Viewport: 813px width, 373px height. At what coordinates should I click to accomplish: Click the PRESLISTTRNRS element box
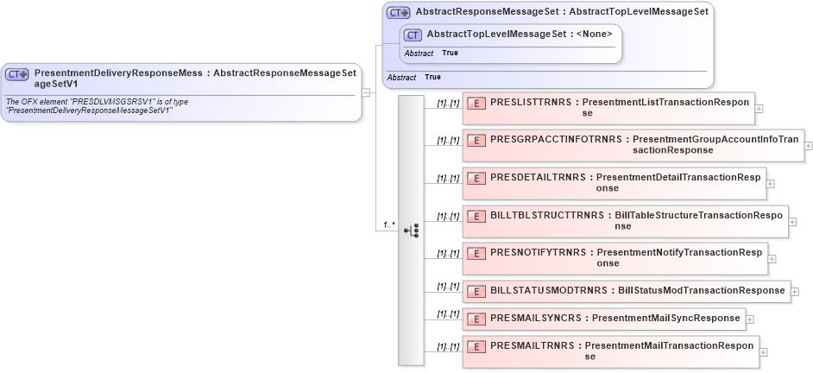608,107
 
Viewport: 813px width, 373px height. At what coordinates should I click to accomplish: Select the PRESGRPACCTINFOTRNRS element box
633,144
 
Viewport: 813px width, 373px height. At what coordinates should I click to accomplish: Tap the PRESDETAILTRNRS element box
614,182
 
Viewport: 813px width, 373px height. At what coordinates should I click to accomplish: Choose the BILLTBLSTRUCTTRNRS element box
625,220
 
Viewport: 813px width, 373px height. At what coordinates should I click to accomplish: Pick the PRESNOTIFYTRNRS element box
614,257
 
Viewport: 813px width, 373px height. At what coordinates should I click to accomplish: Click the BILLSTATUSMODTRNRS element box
626,291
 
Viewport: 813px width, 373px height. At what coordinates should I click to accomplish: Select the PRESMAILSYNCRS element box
603,318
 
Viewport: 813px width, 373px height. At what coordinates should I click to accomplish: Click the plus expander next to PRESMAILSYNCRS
750,319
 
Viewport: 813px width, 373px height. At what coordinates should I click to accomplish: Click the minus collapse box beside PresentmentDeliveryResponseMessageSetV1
367,92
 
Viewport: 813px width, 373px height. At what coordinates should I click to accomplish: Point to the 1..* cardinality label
389,225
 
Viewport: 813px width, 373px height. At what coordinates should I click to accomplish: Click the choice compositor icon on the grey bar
411,230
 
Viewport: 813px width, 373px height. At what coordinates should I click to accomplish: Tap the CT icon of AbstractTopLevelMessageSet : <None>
413,35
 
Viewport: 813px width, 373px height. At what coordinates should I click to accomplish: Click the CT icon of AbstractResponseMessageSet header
399,12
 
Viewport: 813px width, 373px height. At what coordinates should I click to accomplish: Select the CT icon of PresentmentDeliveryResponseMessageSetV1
17,74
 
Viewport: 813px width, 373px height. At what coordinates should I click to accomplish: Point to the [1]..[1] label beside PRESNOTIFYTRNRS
447,254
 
